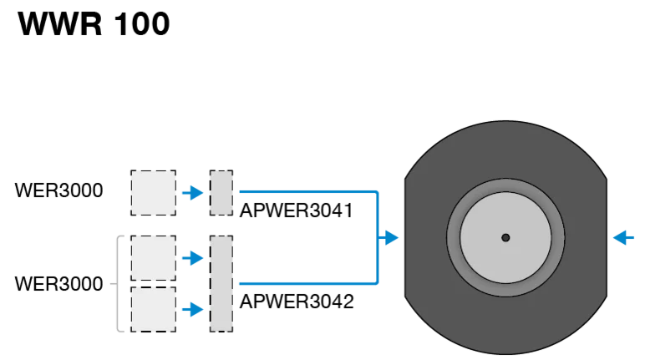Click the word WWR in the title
click(x=59, y=24)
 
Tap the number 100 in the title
click(x=141, y=24)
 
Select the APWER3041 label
click(x=296, y=210)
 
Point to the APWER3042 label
click(x=297, y=302)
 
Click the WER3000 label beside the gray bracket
click(x=58, y=284)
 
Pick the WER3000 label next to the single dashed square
click(x=58, y=190)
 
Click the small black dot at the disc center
click(x=505, y=237)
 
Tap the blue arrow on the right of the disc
click(x=623, y=237)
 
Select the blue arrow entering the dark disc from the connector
click(x=388, y=237)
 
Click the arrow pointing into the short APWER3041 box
click(x=192, y=193)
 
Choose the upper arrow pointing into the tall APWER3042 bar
click(x=192, y=258)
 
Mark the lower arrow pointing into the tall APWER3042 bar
click(x=192, y=309)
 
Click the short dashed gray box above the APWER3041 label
click(x=221, y=193)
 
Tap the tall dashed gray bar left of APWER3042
click(x=221, y=283)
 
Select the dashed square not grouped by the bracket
click(x=154, y=193)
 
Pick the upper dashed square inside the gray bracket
click(x=154, y=258)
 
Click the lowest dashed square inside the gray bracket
click(x=154, y=309)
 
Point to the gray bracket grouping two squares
click(x=118, y=284)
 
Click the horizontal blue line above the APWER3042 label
click(x=308, y=283)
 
